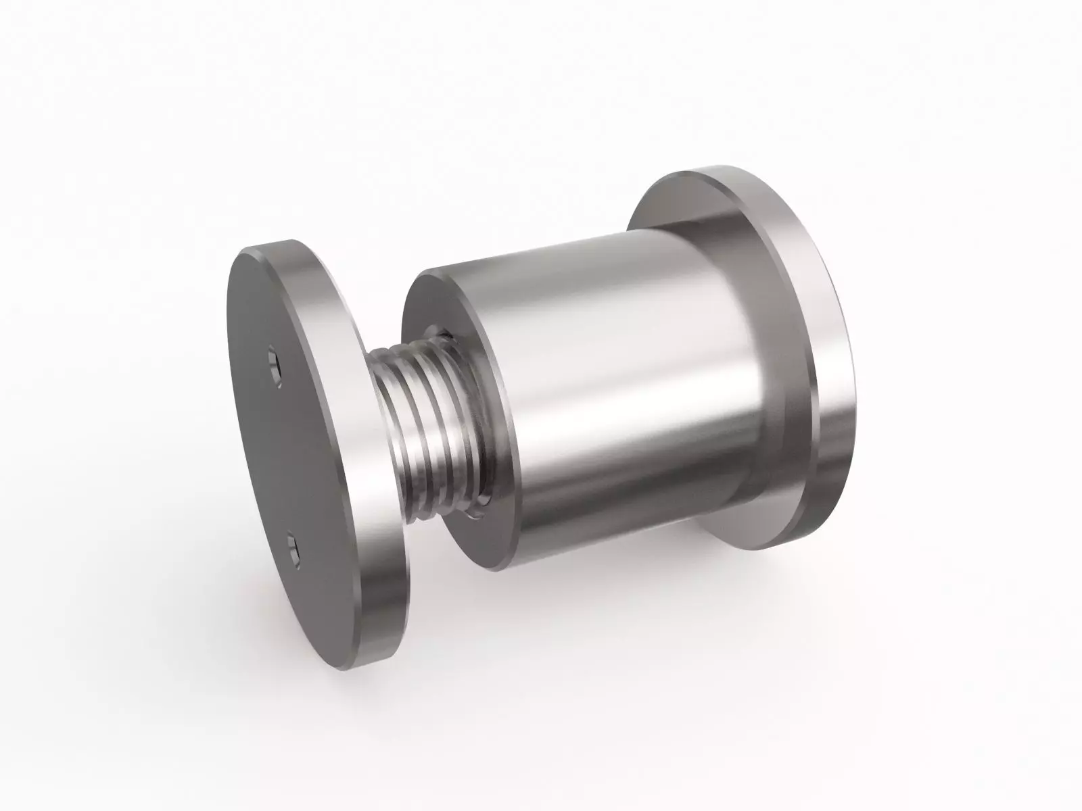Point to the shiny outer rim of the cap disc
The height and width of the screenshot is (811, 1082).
pos(365,541)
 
